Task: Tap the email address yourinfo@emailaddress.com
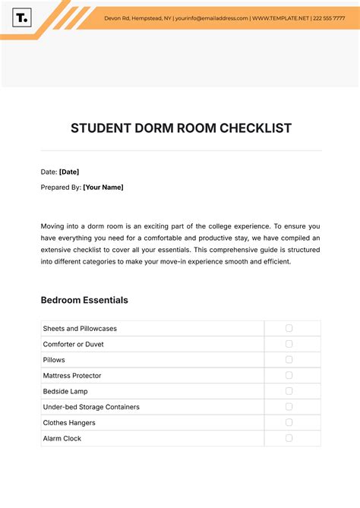click(x=212, y=17)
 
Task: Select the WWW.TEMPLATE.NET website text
click(x=281, y=17)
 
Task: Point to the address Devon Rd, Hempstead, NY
click(x=137, y=17)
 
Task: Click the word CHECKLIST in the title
click(x=256, y=128)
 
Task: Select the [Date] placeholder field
click(x=69, y=172)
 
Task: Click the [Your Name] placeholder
click(x=103, y=187)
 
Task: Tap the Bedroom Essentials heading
click(x=84, y=300)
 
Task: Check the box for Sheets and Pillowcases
click(x=289, y=328)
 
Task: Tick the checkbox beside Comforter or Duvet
click(x=289, y=344)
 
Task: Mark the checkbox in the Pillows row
click(x=289, y=360)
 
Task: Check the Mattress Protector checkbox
click(x=289, y=375)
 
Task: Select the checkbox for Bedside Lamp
click(x=289, y=391)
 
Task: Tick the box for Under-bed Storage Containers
click(x=289, y=407)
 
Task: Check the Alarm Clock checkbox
click(x=289, y=438)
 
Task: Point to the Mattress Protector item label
click(x=72, y=376)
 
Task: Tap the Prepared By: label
click(x=61, y=187)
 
